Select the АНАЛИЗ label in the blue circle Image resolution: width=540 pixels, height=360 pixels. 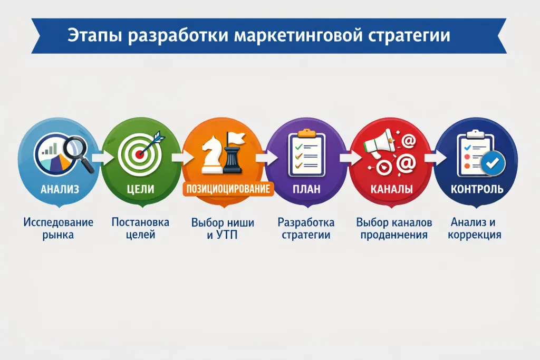[60, 189]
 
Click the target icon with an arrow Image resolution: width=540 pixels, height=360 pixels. [142, 151]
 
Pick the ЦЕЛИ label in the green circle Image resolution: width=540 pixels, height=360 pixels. [141, 189]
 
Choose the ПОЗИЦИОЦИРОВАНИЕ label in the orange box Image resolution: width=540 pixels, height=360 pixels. [228, 189]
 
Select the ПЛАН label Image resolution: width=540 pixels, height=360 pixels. [306, 189]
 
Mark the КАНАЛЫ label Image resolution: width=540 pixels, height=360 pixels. [391, 189]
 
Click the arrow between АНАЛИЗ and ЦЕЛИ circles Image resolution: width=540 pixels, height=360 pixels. [99, 157]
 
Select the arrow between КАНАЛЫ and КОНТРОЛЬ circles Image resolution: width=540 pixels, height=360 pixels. [433, 157]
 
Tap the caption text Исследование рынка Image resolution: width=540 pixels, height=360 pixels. [58, 228]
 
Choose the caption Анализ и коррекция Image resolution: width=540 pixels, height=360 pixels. [475, 228]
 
